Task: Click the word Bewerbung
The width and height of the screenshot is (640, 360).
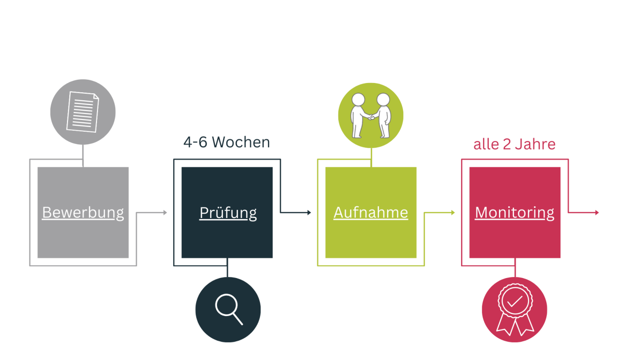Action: pos(83,212)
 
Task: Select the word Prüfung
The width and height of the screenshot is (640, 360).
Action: pos(228,212)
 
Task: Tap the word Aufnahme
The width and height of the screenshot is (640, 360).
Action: pos(371,212)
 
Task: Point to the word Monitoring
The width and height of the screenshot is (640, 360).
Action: pos(514,212)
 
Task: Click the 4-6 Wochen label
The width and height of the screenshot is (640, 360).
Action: pos(226,142)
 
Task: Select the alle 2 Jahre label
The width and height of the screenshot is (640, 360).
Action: pos(514,144)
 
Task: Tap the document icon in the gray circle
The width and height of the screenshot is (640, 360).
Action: pos(83,112)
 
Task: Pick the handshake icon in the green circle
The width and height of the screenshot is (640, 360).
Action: pos(371,115)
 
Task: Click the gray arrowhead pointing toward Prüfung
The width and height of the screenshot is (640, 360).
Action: pos(165,212)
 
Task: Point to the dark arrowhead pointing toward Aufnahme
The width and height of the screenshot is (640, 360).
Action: pos(309,212)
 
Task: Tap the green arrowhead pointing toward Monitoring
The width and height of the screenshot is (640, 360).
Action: pos(453,212)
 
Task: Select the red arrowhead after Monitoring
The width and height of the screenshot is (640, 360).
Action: pos(597,212)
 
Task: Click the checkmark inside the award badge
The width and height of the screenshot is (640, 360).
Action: pos(514,301)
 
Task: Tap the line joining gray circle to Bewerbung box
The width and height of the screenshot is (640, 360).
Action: pos(83,155)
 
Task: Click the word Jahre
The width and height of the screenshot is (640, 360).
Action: pos(535,144)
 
